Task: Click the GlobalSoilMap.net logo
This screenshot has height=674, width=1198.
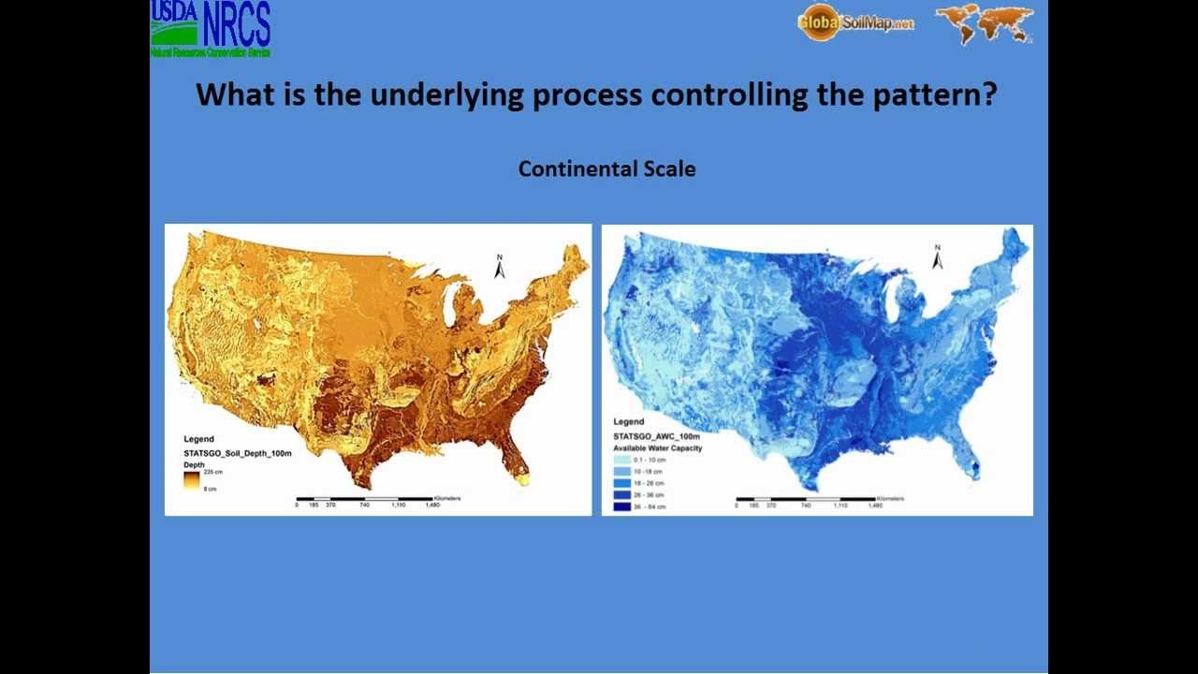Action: click(855, 22)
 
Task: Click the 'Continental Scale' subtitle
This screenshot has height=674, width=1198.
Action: click(606, 169)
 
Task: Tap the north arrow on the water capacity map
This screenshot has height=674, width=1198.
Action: click(938, 257)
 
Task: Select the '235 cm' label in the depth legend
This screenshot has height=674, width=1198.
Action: click(212, 472)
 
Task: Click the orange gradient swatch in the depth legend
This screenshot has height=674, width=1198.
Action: click(192, 480)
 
